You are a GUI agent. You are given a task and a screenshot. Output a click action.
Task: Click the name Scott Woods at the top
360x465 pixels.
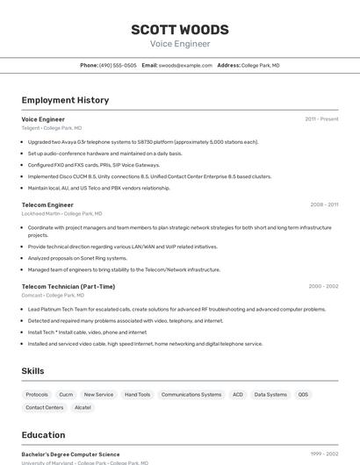179,29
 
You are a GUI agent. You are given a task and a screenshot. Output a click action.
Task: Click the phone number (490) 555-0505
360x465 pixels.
118,65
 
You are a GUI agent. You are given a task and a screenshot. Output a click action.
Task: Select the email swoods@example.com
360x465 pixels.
185,65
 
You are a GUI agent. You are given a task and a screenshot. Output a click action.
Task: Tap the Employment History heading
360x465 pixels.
65,100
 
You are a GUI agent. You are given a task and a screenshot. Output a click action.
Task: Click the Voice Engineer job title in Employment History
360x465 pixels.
43,118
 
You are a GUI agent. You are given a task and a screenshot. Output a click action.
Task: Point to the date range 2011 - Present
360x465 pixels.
321,118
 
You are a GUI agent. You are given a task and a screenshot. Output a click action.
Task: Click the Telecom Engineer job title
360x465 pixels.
47,204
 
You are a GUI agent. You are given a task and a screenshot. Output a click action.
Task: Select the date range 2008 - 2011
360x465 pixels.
324,204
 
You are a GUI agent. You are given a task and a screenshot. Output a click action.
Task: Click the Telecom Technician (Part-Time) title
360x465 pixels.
68,286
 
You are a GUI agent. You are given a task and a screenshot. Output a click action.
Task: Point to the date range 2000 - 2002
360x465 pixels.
323,286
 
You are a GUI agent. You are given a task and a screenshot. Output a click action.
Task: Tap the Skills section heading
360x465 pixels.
32,371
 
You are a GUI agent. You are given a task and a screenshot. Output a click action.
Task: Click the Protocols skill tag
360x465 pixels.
37,395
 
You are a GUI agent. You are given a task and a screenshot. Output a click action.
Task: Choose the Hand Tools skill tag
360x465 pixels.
137,395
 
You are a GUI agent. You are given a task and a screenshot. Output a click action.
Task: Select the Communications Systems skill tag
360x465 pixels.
191,395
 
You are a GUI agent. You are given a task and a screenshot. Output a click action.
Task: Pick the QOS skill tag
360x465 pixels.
303,395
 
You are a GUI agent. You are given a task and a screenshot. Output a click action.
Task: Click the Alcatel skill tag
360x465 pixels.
83,407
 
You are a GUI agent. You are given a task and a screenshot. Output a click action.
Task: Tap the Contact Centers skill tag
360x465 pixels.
45,407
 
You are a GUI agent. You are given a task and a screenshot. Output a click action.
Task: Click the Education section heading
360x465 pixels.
43,434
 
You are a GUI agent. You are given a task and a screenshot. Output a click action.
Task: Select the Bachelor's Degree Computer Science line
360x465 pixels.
70,454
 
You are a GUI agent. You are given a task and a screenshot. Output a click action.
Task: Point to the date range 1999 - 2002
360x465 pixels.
323,454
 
